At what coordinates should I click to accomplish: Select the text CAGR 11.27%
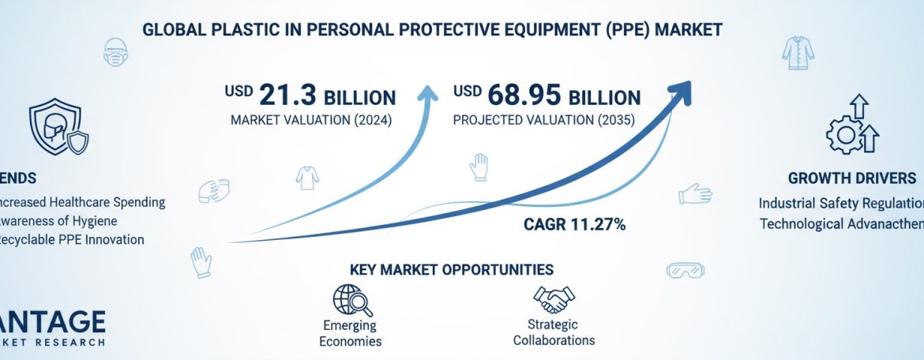[575, 225]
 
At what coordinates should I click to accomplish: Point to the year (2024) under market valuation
[366, 121]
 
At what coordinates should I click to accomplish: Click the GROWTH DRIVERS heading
[851, 178]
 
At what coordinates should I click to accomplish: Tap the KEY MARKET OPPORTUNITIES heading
[451, 269]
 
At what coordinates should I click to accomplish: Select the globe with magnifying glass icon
[349, 300]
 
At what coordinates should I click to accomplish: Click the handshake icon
[554, 299]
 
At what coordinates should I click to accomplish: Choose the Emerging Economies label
[351, 333]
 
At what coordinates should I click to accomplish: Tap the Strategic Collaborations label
[554, 332]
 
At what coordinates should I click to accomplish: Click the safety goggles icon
[685, 270]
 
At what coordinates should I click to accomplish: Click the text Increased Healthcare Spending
[82, 202]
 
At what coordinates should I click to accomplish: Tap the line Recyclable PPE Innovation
[72, 240]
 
